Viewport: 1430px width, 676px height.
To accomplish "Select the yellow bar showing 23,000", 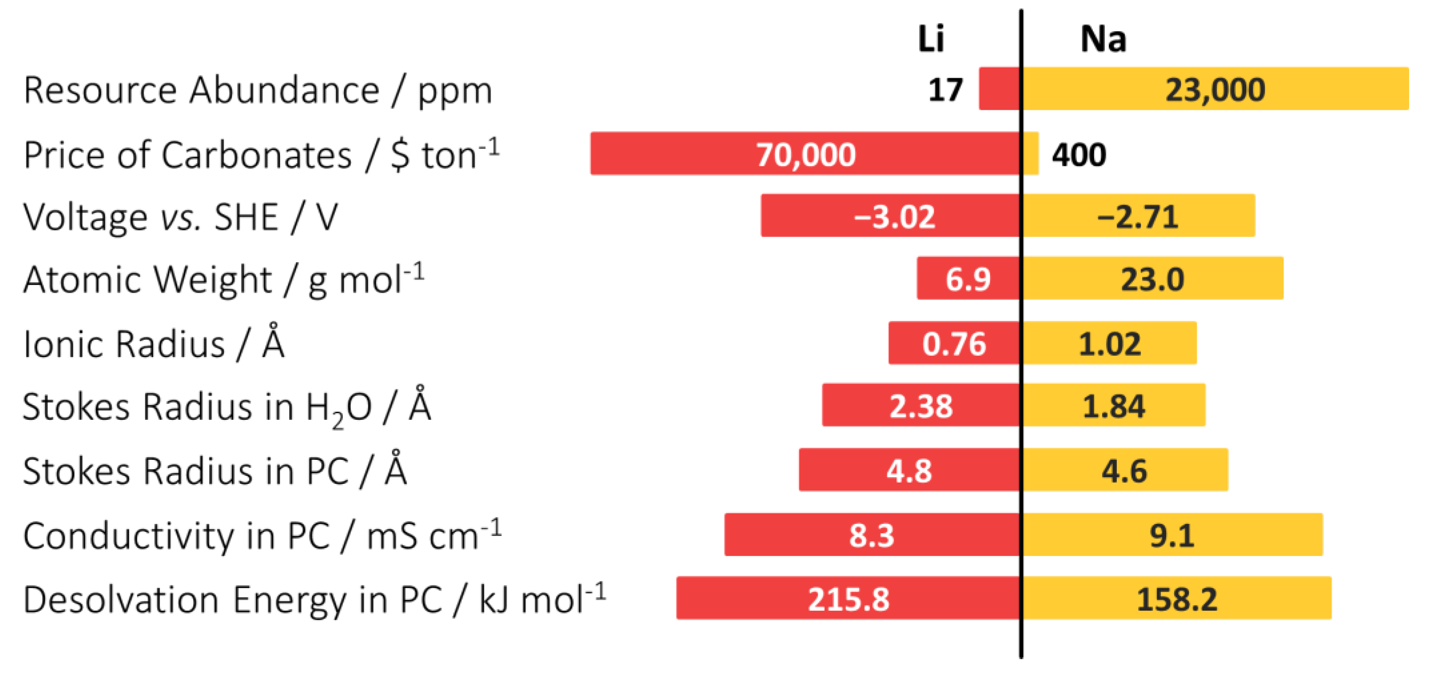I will coord(1216,89).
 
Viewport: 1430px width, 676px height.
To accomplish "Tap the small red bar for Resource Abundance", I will coord(999,89).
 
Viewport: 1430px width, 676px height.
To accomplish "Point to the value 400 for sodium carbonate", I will coord(1079,155).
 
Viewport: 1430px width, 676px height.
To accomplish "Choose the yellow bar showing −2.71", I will coord(1138,215).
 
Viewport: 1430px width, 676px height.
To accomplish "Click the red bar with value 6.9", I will coord(968,278).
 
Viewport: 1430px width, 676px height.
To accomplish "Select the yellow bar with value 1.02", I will coord(1109,343).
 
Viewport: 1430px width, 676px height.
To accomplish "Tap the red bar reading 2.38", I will coord(921,405).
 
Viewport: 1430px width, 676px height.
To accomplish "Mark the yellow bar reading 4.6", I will coord(1124,470).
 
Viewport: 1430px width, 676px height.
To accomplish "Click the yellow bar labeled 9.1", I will coord(1171,535).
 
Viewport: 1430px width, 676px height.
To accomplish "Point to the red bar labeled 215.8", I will coord(848,598).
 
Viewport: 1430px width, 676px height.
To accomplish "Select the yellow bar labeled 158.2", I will coord(1177,598).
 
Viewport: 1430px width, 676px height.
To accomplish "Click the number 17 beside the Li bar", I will coord(945,89).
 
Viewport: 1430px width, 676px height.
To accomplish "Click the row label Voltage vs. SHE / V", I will coord(181,217).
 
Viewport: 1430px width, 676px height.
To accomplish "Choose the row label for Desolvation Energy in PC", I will coord(314,600).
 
